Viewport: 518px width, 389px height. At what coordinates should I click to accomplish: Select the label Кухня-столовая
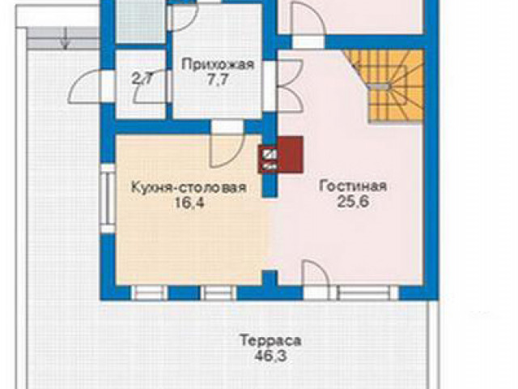tap(188, 187)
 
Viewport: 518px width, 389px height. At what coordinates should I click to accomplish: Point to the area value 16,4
tap(188, 203)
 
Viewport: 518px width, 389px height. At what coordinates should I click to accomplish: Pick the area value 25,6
tap(352, 203)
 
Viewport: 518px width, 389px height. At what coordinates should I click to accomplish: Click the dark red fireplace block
tap(281, 155)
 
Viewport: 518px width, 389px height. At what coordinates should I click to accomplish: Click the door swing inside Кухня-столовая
tap(222, 146)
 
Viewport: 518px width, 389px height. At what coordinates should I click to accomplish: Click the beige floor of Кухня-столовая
tap(186, 243)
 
